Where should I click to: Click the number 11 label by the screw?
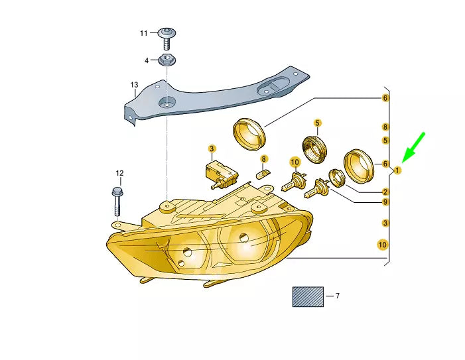pos(144,33)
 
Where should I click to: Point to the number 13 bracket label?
pos(134,85)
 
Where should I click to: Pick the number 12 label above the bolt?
pos(119,173)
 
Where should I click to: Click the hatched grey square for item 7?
pos(308,296)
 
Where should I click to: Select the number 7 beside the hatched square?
pos(336,296)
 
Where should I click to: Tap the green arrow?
pos(414,147)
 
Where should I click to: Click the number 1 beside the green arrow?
pos(397,170)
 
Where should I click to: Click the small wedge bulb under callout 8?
pos(263,174)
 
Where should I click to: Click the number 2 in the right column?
pos(385,192)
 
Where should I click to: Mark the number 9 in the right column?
pos(385,202)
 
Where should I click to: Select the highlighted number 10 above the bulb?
pos(295,161)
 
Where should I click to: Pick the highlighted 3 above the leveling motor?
pos(212,149)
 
